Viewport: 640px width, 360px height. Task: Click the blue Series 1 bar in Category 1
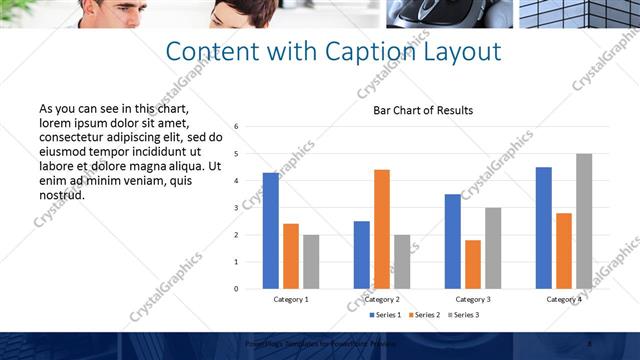(271, 231)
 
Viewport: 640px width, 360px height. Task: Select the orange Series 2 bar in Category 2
(382, 229)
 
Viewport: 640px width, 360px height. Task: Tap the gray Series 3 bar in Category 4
(584, 221)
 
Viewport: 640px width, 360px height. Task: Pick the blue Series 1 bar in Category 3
(453, 241)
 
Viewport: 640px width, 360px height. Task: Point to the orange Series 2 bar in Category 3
(473, 264)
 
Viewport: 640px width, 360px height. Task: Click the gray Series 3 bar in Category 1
(311, 261)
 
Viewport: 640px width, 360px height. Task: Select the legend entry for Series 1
(386, 315)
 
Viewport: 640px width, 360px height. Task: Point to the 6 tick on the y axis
(236, 127)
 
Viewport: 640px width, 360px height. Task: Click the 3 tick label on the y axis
(236, 208)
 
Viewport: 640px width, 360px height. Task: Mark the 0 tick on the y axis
(236, 289)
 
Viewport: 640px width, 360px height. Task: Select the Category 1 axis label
(291, 299)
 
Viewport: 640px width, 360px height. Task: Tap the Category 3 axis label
(473, 299)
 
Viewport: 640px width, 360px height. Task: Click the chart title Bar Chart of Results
(423, 110)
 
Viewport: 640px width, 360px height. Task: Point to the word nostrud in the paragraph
(62, 195)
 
